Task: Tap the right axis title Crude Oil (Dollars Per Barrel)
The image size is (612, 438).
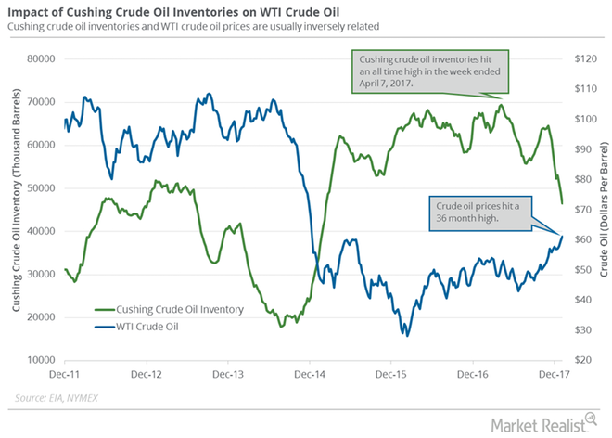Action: tap(602, 209)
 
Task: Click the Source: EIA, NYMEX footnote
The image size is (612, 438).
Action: tap(57, 400)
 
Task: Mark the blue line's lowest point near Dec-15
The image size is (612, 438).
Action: tap(407, 334)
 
